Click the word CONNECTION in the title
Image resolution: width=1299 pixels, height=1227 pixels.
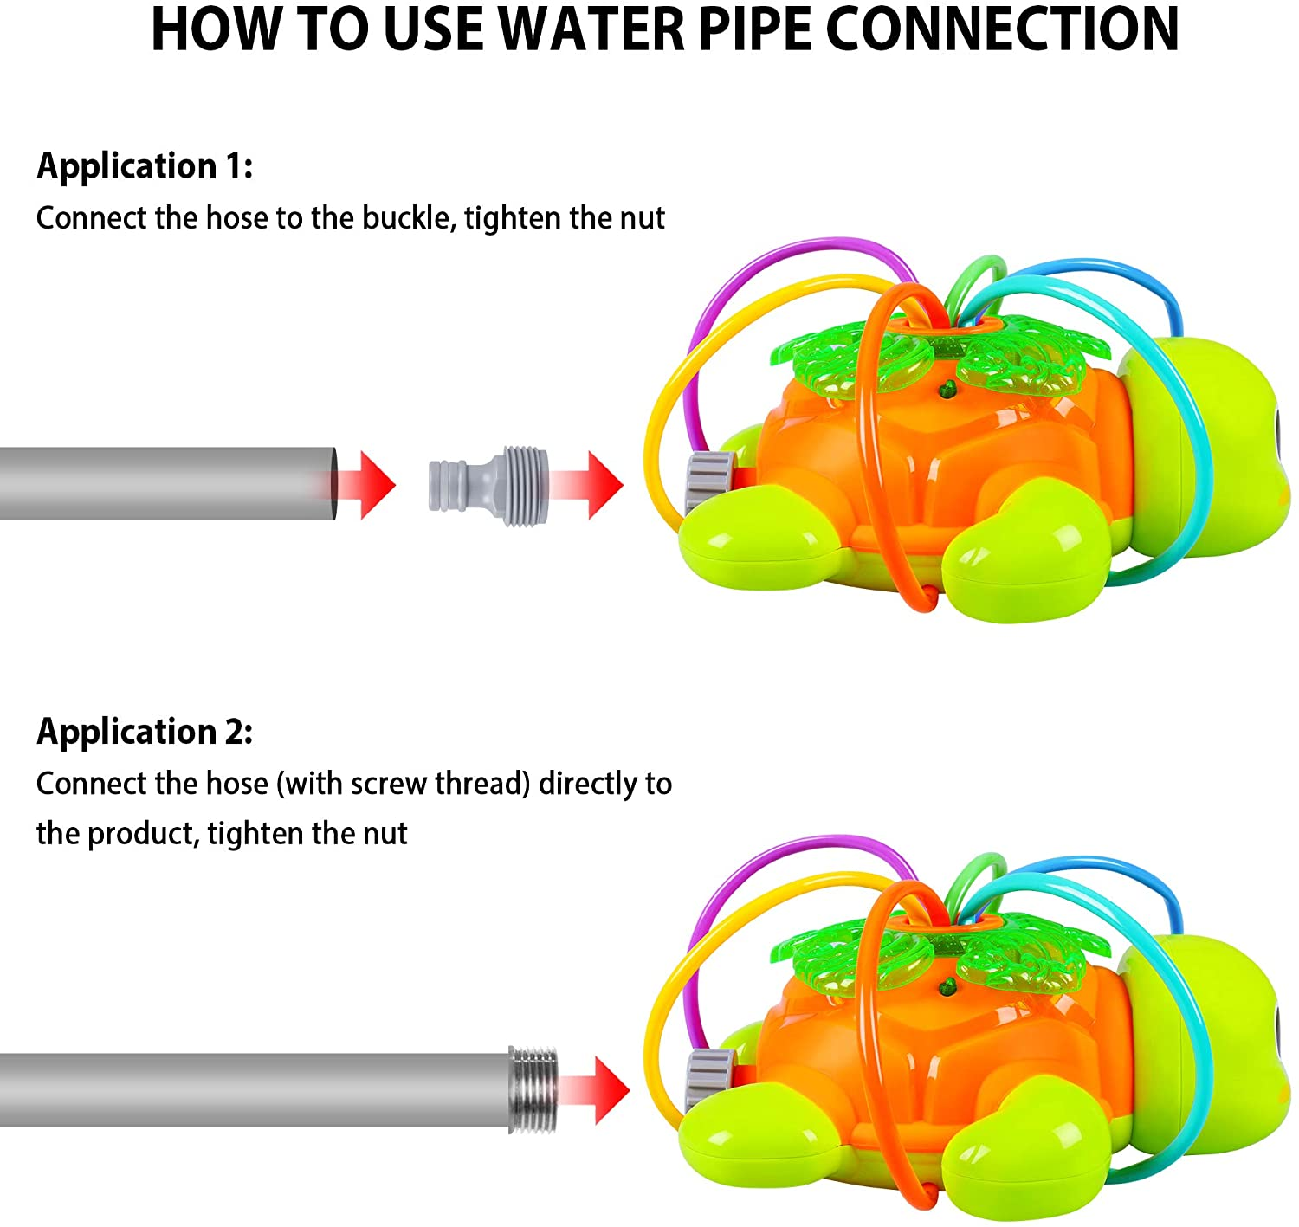tap(1002, 30)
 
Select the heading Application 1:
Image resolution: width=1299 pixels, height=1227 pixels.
tap(145, 165)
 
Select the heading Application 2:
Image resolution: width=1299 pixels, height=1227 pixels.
tap(145, 732)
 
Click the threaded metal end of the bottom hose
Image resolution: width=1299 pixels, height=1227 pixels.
tap(533, 1089)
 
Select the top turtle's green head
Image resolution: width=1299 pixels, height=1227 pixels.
tap(1212, 442)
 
